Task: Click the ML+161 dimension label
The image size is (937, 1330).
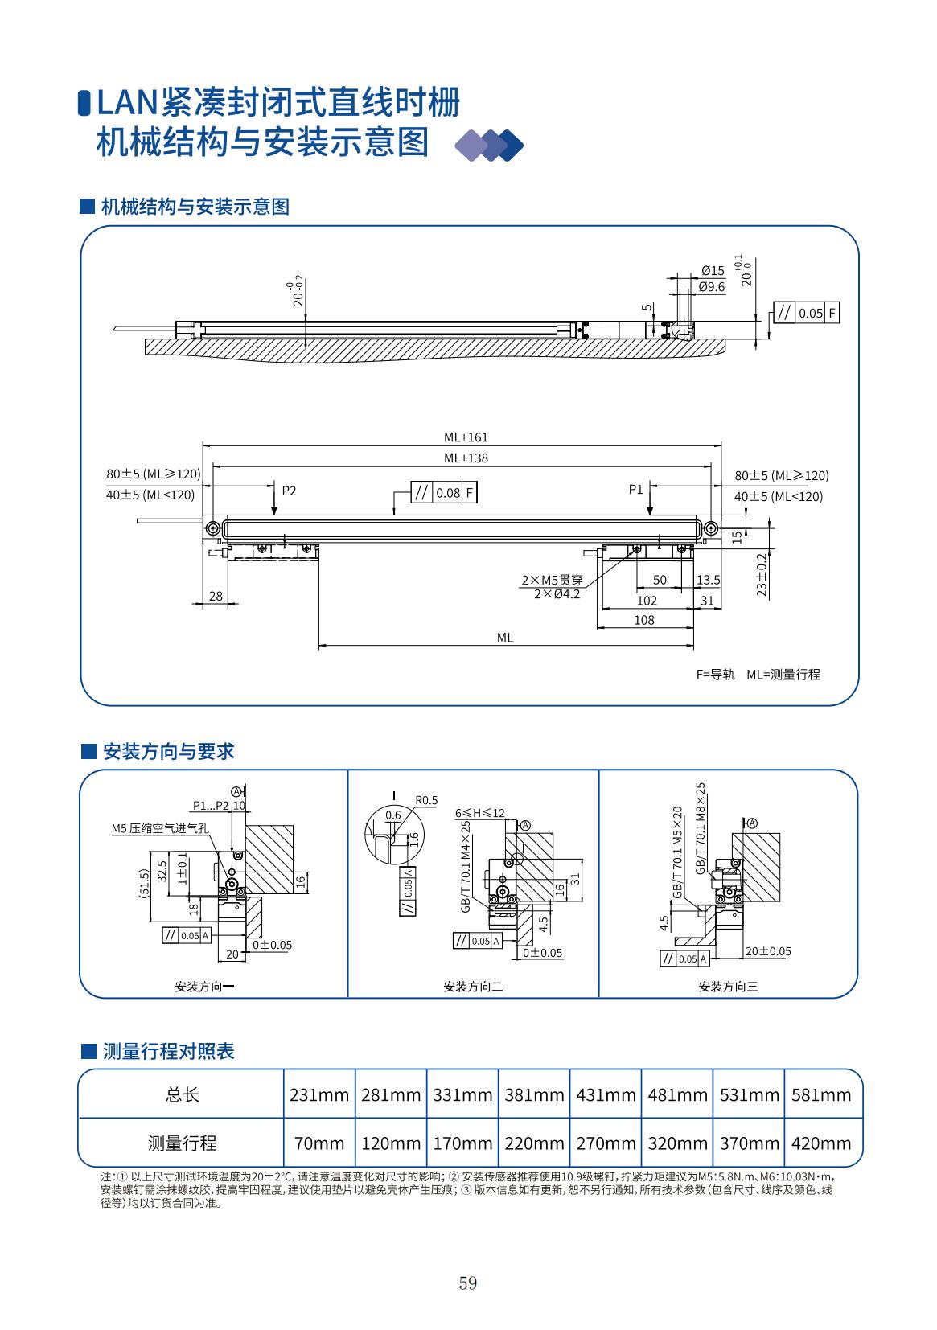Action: [466, 437]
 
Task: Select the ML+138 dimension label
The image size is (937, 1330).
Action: [466, 458]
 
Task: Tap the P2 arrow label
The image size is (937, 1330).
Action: [289, 491]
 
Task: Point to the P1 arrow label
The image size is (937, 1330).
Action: [635, 489]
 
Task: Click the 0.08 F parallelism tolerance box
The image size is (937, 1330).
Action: [444, 493]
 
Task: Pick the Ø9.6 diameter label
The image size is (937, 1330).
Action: [712, 286]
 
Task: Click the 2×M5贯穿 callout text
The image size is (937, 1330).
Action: [552, 580]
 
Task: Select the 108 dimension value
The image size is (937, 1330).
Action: [644, 620]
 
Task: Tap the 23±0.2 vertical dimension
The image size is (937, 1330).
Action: [762, 574]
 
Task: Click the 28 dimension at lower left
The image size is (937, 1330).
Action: [216, 596]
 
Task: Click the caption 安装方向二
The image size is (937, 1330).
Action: [473, 987]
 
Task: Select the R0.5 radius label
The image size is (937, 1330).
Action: [426, 800]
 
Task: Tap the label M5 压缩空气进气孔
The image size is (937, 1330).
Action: [160, 827]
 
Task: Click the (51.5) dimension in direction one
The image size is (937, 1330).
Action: [144, 883]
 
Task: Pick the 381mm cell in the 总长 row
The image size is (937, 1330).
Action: [534, 1094]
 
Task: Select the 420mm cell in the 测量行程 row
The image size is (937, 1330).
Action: [820, 1143]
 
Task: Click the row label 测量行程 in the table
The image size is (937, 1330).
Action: [182, 1143]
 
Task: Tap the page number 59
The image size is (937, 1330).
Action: [468, 1283]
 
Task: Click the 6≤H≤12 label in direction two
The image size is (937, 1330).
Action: [480, 813]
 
